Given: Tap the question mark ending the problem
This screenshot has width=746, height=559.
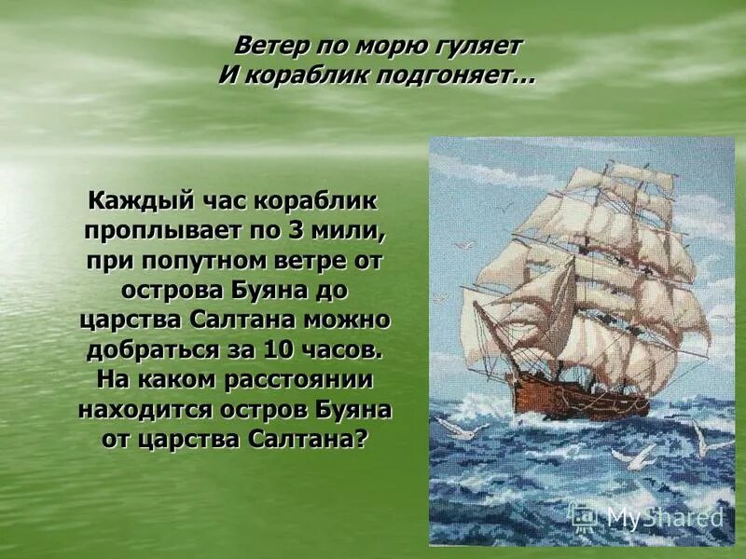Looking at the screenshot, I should (x=362, y=440).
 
